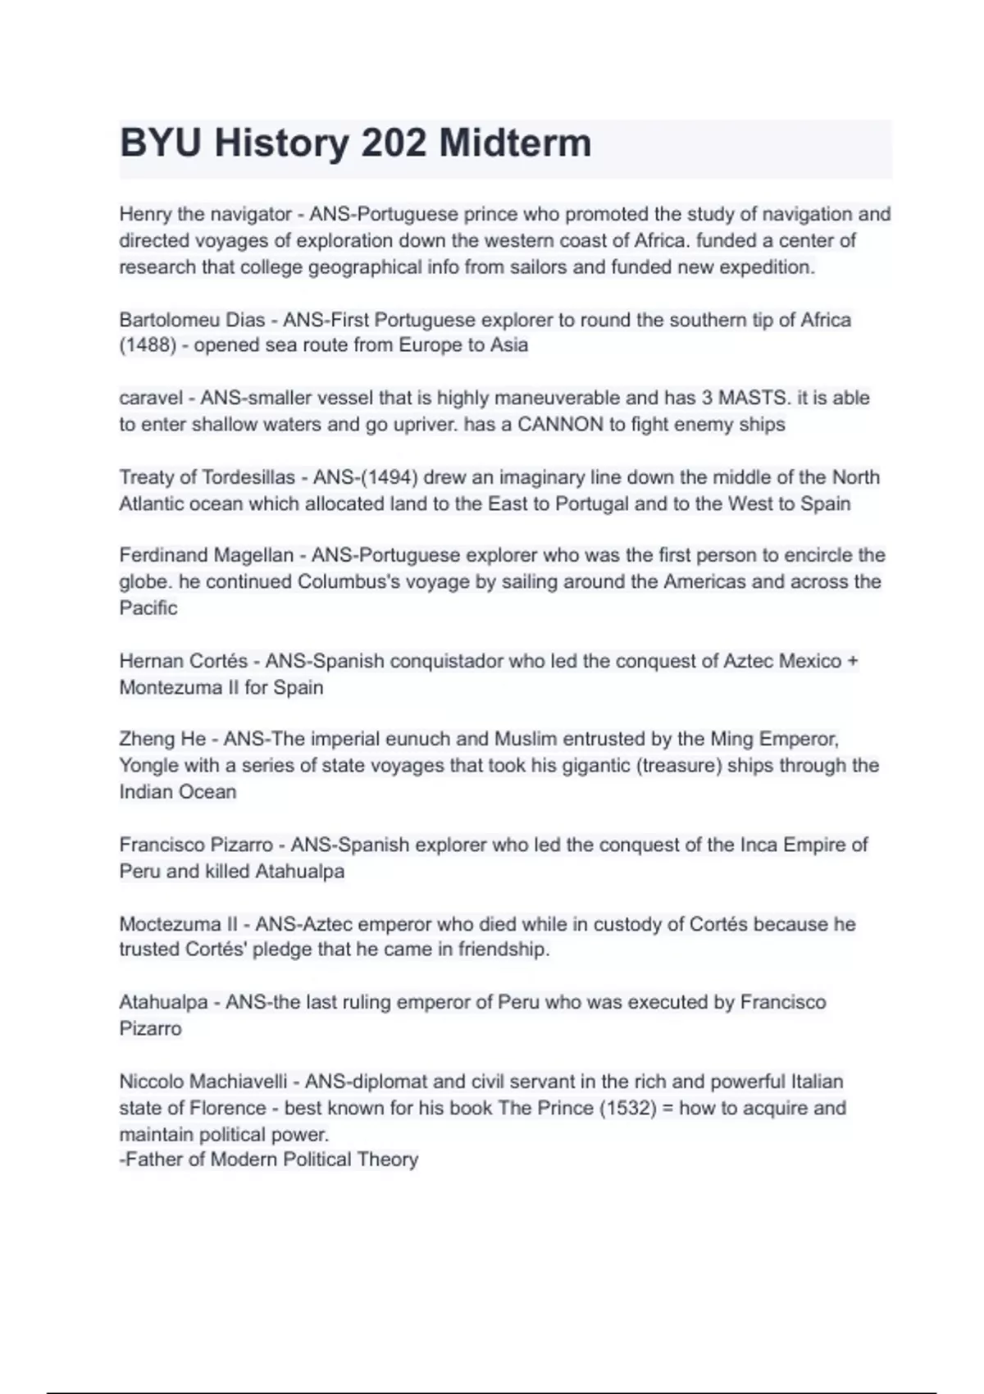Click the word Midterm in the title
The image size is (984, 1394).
[x=514, y=143]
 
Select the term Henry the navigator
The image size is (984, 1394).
[x=205, y=214]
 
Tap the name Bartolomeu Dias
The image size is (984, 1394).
[x=192, y=320]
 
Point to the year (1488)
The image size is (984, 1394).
[x=148, y=345]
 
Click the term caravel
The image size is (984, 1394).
[x=151, y=399]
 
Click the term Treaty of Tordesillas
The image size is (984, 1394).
[x=207, y=477]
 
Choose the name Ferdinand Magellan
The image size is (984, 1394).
[x=206, y=555]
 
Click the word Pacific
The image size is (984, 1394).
[x=148, y=608]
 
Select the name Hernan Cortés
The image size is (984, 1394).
[x=183, y=661]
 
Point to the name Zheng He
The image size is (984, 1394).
[x=162, y=739]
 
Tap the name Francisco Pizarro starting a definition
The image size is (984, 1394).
[x=196, y=845]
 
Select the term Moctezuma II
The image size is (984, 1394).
[x=178, y=924]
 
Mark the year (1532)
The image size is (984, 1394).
[x=628, y=1108]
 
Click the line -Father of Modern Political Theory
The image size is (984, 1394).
[x=269, y=1159]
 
